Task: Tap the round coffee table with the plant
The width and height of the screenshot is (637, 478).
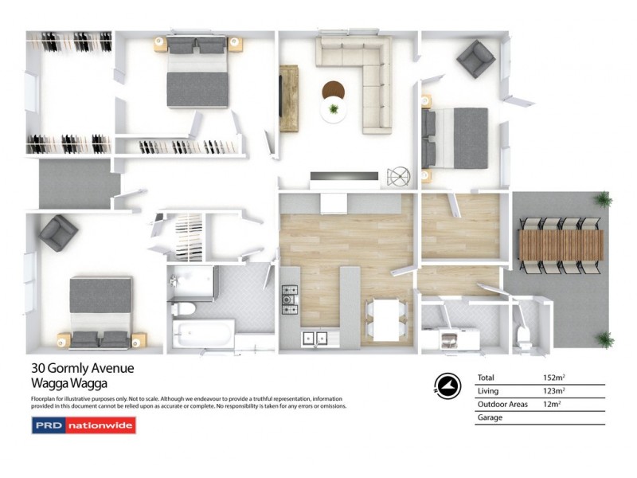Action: [x=333, y=102]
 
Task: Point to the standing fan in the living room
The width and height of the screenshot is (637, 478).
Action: [x=397, y=176]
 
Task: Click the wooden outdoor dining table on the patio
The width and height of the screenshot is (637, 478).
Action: [x=561, y=245]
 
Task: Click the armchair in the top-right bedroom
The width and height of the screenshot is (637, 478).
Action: [x=475, y=58]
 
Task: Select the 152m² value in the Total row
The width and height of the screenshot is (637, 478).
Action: [x=553, y=378]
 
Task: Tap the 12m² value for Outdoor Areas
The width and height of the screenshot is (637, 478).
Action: [x=551, y=404]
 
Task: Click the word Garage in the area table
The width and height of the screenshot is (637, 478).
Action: [x=489, y=417]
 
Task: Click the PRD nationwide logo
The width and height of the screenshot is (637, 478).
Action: [x=84, y=425]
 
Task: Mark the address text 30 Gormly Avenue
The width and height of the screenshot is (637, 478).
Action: [x=82, y=368]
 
